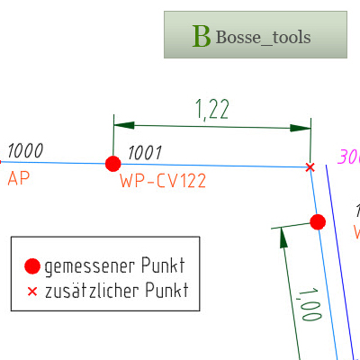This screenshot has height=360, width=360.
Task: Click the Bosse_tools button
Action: pyautogui.click(x=255, y=35)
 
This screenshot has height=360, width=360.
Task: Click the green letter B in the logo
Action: pyautogui.click(x=202, y=37)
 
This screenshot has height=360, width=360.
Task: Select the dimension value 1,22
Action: pyautogui.click(x=212, y=109)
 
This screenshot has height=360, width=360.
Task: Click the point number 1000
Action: pyautogui.click(x=24, y=150)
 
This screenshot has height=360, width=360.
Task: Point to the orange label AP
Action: pyautogui.click(x=19, y=178)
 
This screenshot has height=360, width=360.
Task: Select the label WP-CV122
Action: pyautogui.click(x=163, y=181)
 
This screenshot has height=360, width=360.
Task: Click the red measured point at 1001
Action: pyautogui.click(x=112, y=164)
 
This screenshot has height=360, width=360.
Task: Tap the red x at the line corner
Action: pyautogui.click(x=310, y=167)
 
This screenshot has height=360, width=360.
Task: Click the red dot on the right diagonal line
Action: pyautogui.click(x=317, y=221)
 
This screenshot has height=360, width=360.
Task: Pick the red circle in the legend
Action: pyautogui.click(x=32, y=265)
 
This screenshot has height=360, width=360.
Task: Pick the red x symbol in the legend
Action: pyautogui.click(x=32, y=292)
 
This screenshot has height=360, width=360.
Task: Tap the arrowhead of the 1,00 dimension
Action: pyautogui.click(x=283, y=238)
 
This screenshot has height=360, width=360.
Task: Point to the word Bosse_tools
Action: pyautogui.click(x=263, y=37)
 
